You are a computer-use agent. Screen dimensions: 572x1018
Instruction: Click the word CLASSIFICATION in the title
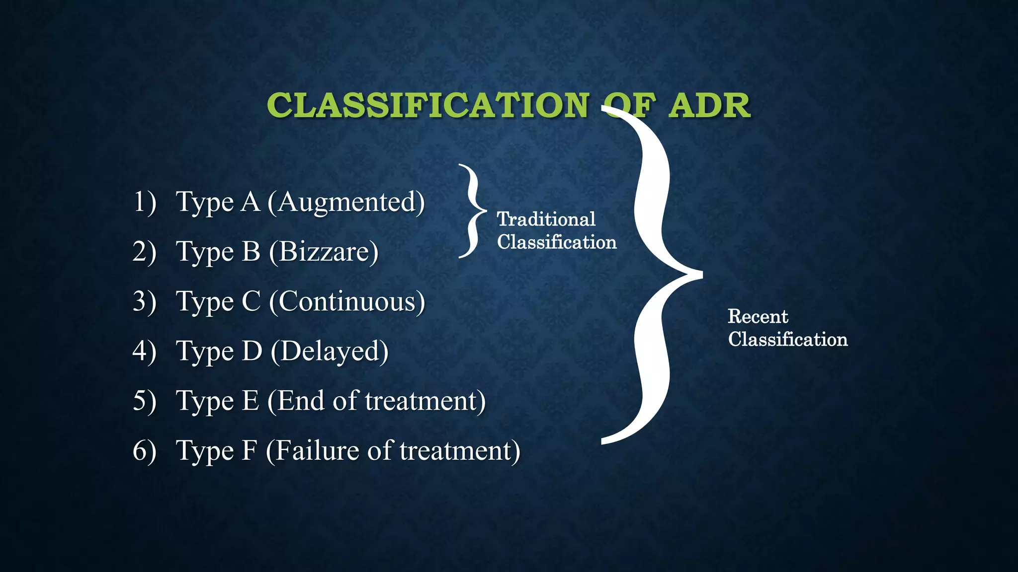pos(427,105)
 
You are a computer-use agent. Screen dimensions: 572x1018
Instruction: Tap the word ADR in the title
pos(709,105)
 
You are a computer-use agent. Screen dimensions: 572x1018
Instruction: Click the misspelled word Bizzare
pos(324,252)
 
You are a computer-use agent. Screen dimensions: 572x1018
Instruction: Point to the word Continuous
pos(347,301)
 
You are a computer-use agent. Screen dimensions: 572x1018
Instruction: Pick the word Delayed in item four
pos(330,351)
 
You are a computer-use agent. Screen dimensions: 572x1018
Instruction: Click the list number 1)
pos(144,202)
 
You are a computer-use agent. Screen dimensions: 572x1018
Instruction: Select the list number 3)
pos(144,301)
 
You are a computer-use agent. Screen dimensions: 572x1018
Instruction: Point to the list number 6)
pos(144,450)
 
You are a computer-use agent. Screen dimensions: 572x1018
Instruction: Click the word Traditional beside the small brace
pos(546,219)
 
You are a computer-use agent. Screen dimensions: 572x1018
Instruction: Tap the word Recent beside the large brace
pos(758,316)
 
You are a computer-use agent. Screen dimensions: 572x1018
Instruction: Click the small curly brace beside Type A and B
pos(472,211)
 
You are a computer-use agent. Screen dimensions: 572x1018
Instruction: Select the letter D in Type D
pos(252,351)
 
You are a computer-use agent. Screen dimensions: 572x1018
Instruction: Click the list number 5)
pos(144,401)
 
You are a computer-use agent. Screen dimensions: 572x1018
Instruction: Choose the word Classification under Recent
pos(787,340)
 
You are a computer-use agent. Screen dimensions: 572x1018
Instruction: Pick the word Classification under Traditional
pos(557,242)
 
